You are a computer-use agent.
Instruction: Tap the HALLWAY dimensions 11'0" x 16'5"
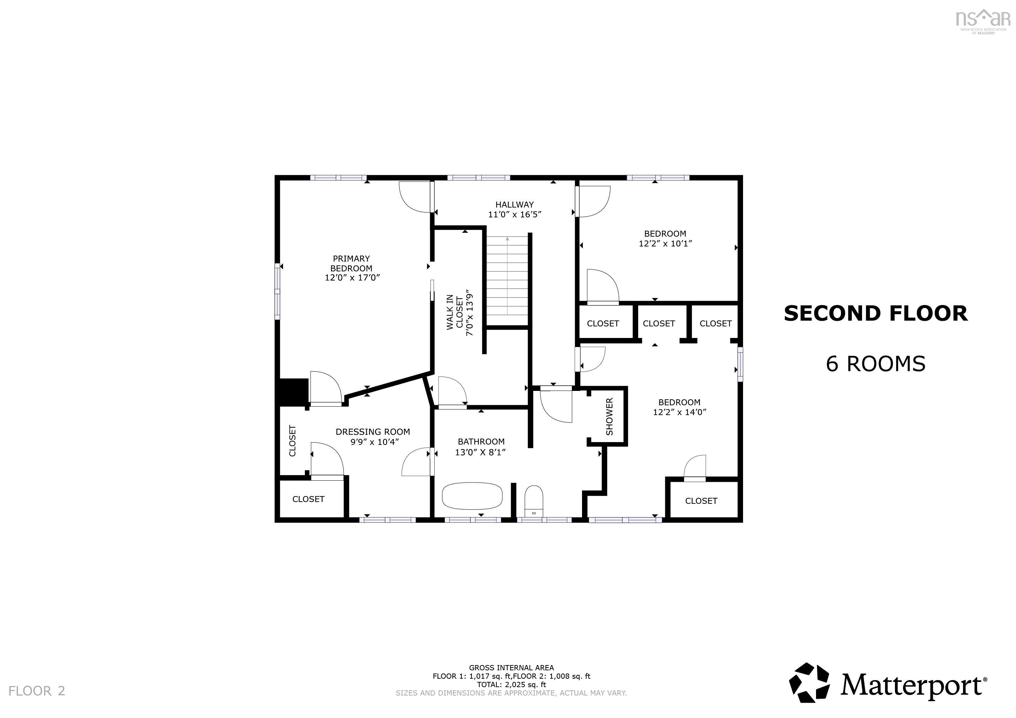click(x=515, y=215)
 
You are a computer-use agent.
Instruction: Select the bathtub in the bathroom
click(x=472, y=496)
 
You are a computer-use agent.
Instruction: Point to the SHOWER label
click(x=609, y=416)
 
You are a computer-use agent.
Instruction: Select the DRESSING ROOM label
click(x=373, y=432)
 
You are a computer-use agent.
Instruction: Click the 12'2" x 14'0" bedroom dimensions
click(x=679, y=412)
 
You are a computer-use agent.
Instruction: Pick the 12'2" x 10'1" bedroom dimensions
click(x=665, y=244)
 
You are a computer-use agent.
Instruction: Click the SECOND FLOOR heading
click(x=875, y=313)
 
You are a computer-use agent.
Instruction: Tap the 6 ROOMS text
click(x=875, y=364)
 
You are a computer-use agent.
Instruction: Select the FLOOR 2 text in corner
click(x=37, y=691)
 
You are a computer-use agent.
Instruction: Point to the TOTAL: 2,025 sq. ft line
click(x=511, y=684)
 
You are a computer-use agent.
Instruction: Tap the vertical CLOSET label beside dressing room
click(x=292, y=440)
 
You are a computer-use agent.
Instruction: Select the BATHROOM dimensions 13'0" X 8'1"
click(x=480, y=452)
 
